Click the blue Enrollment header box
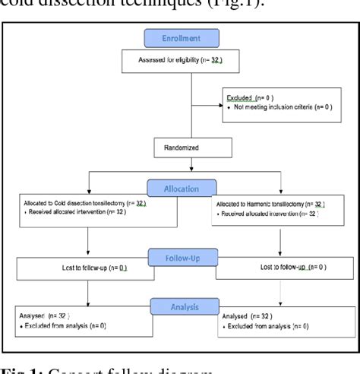181,38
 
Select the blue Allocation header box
181,188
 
